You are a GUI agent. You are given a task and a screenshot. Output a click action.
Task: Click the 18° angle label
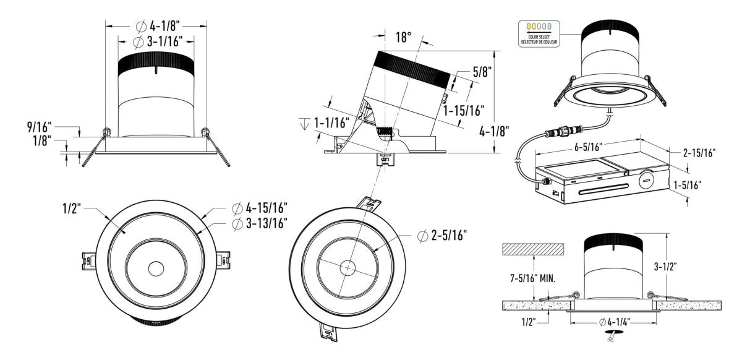[x=403, y=37]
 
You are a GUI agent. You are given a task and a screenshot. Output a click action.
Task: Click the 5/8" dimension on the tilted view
[x=482, y=72]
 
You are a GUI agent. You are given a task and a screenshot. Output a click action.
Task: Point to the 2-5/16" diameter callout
[x=442, y=235]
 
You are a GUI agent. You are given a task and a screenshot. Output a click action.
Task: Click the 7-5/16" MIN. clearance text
[x=529, y=278]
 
